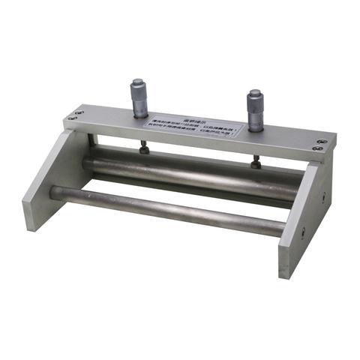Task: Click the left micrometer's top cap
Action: click(x=139, y=82)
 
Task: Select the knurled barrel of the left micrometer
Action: click(x=139, y=100)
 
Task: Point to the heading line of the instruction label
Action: click(x=196, y=120)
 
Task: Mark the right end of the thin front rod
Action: click(x=280, y=227)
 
